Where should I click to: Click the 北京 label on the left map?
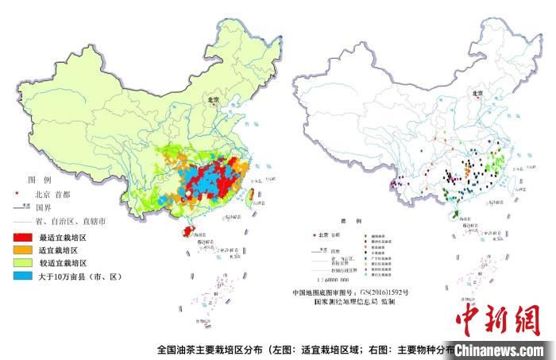[212, 101]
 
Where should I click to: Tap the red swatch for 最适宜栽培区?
[22, 237]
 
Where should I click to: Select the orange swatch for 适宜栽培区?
[22, 250]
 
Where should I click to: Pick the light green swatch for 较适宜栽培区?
[22, 262]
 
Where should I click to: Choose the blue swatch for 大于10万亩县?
[22, 276]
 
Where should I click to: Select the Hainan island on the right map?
[454, 215]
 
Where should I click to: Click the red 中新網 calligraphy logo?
[496, 319]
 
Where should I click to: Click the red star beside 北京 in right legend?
[313, 234]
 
